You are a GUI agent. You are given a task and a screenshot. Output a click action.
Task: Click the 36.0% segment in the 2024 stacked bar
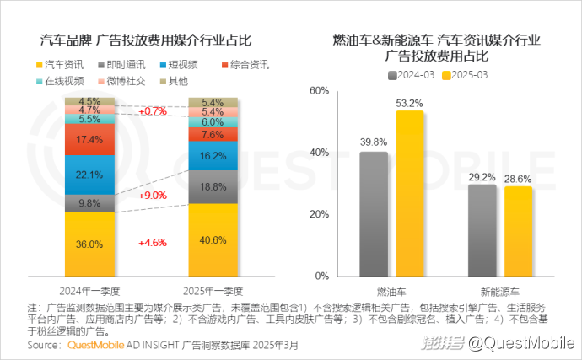89,244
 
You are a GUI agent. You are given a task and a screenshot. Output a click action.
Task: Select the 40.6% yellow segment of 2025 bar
213,239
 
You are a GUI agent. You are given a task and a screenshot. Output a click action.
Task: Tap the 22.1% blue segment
89,175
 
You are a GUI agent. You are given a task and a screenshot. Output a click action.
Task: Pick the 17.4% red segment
89,139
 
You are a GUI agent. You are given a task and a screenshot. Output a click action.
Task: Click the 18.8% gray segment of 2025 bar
213,186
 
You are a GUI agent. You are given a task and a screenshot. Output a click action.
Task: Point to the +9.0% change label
152,195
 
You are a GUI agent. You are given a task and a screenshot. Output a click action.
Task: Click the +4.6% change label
152,242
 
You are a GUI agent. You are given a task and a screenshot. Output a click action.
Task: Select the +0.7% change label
152,111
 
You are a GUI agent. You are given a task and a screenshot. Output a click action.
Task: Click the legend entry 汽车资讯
59,64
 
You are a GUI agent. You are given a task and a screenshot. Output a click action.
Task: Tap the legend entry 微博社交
121,81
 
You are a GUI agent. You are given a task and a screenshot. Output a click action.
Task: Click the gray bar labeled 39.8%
374,214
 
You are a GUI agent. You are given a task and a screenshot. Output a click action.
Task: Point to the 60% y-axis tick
318,90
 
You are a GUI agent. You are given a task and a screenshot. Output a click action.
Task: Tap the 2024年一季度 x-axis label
89,289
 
